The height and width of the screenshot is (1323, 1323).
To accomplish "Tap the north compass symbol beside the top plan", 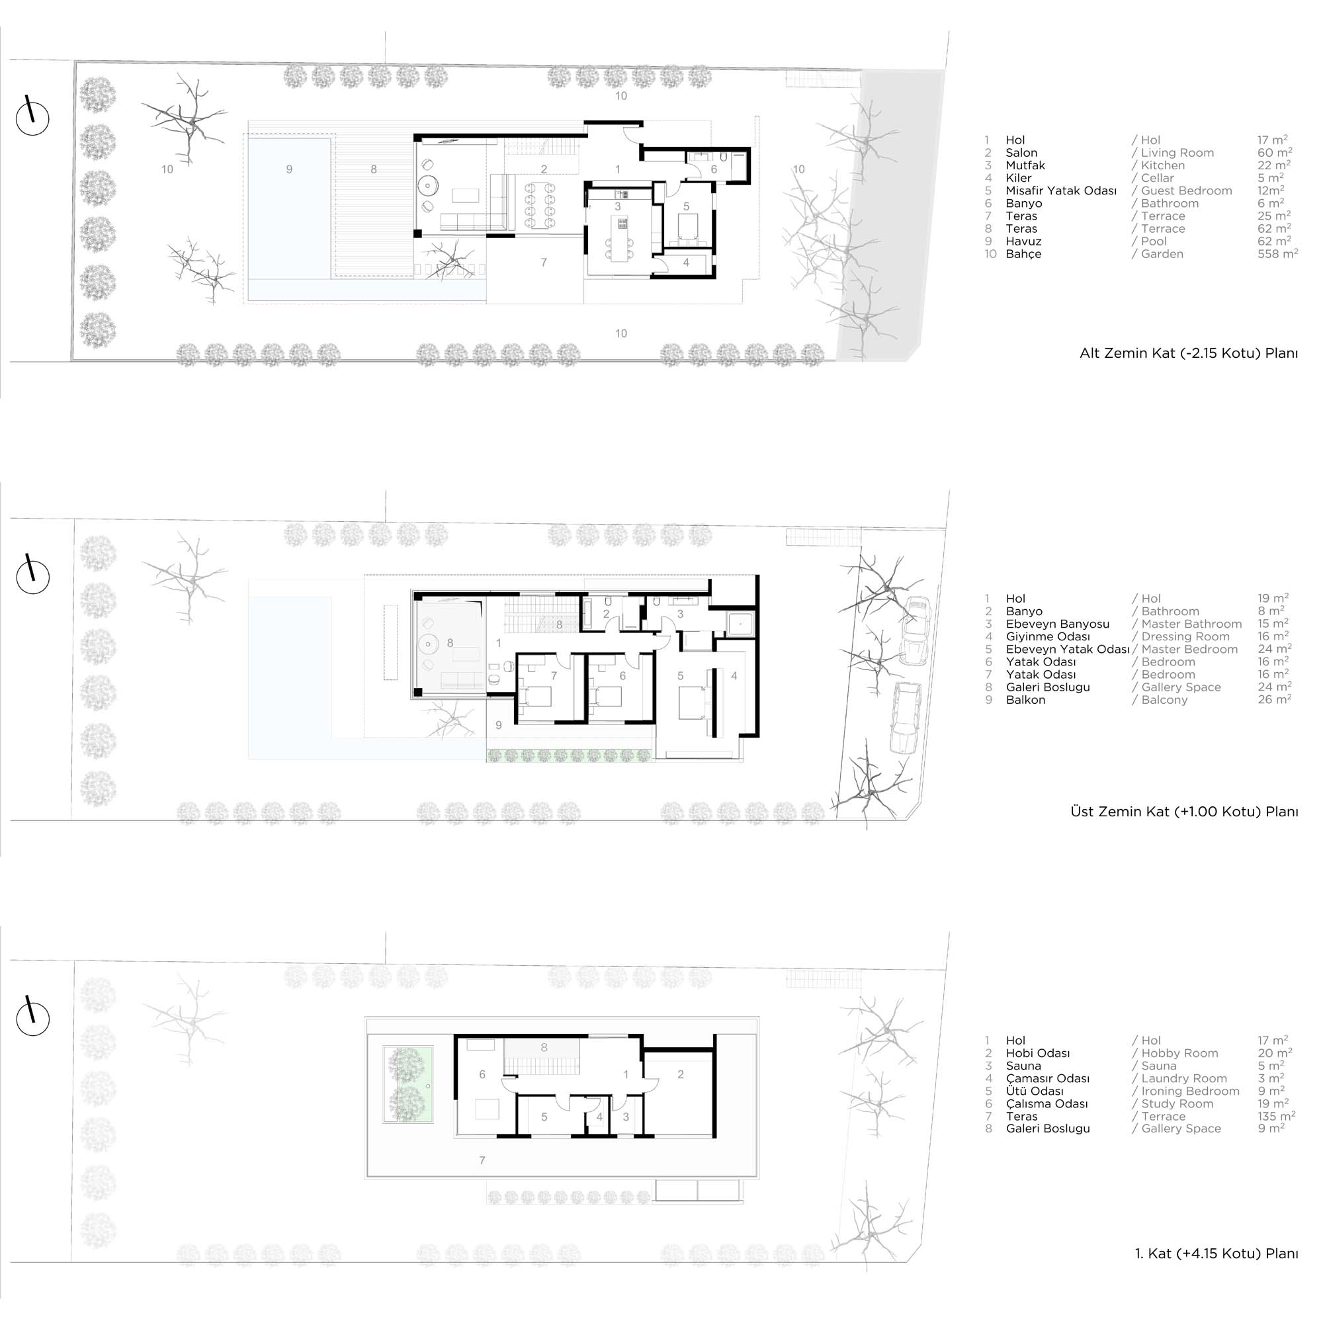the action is click(x=32, y=117).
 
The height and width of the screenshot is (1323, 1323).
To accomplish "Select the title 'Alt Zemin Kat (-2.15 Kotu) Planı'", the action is click(x=1188, y=354).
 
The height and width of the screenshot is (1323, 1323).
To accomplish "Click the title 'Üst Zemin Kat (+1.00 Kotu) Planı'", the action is click(x=1184, y=812).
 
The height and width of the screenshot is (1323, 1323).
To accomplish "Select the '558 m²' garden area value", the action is click(x=1278, y=253).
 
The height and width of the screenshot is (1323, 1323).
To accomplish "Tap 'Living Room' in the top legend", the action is click(x=1177, y=153).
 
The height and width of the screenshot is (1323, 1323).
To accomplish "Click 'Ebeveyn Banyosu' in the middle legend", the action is click(x=1057, y=624).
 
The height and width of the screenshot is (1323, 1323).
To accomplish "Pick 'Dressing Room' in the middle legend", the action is click(x=1185, y=637).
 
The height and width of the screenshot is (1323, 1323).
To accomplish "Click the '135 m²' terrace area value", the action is click(x=1277, y=1116).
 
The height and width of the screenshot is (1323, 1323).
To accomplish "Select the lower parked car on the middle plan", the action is click(x=906, y=717).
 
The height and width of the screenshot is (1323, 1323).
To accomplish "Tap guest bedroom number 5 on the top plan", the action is click(x=685, y=206).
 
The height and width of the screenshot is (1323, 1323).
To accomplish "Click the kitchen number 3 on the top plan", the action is click(x=618, y=206).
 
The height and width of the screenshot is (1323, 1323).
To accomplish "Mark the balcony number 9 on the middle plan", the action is click(x=499, y=725).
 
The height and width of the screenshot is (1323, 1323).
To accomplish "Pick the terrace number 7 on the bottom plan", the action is click(x=483, y=1160).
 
